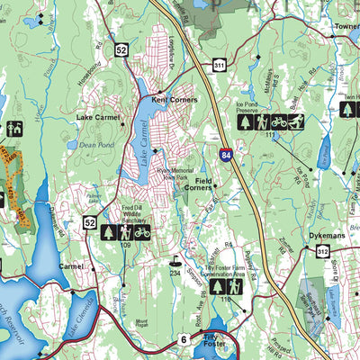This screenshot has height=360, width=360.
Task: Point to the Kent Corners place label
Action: [175, 100]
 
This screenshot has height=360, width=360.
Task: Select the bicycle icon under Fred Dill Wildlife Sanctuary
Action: [142, 231]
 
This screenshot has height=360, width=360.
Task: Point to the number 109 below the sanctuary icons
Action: [125, 246]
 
